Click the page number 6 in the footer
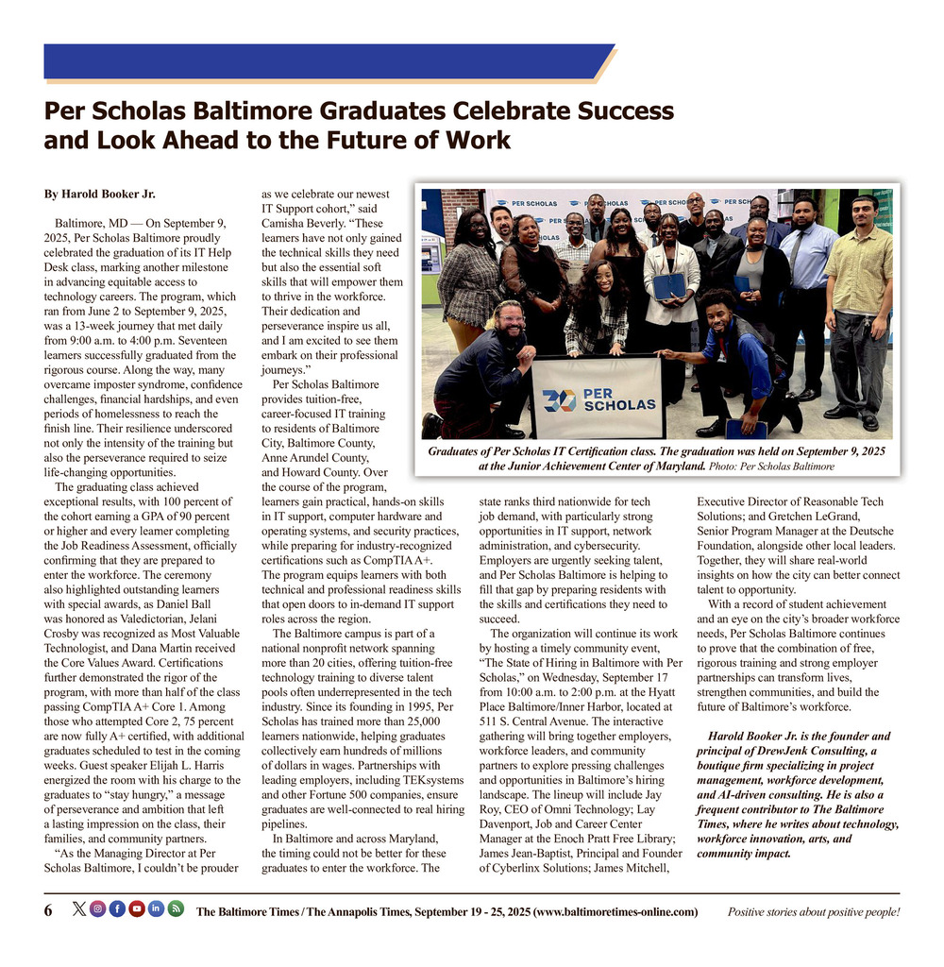(x=48, y=911)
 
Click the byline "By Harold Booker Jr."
(x=99, y=195)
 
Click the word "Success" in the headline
(x=615, y=111)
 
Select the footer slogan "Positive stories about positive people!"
(x=813, y=912)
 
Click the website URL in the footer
(x=615, y=912)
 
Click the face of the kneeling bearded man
(x=511, y=324)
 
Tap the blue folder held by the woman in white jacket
(x=669, y=285)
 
